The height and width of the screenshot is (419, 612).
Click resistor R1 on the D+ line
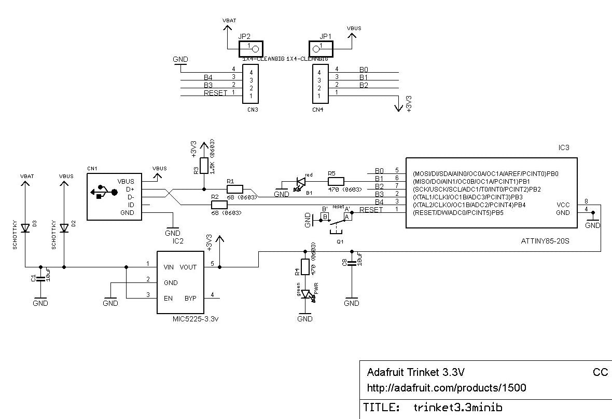[x=234, y=189]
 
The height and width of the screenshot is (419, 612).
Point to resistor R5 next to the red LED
[x=336, y=181]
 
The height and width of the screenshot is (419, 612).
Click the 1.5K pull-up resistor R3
[x=204, y=166]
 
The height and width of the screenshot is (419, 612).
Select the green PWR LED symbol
[x=305, y=295]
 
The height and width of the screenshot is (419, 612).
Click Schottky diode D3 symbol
[x=25, y=227]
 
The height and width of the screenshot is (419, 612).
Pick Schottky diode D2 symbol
[x=64, y=227]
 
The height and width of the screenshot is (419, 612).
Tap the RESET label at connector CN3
[x=216, y=93]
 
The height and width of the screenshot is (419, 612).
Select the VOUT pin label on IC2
[x=188, y=267]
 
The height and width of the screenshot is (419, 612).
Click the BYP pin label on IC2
[x=190, y=298]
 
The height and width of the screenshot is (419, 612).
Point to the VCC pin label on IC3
[x=564, y=205]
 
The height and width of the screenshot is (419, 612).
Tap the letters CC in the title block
[x=600, y=372]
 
